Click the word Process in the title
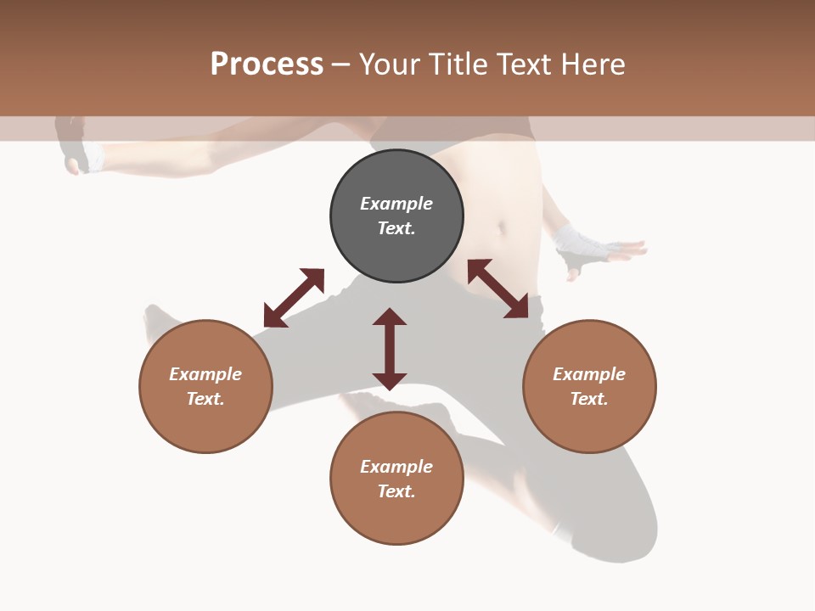click(x=267, y=64)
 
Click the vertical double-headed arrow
click(x=390, y=349)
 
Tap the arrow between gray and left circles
click(x=294, y=298)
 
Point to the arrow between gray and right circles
click(x=497, y=289)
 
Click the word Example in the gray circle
click(x=396, y=204)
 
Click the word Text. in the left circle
click(x=205, y=399)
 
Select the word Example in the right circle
click(x=589, y=374)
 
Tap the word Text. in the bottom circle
click(x=396, y=491)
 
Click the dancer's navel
click(x=503, y=227)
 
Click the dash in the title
click(x=341, y=64)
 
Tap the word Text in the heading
click(x=524, y=64)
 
